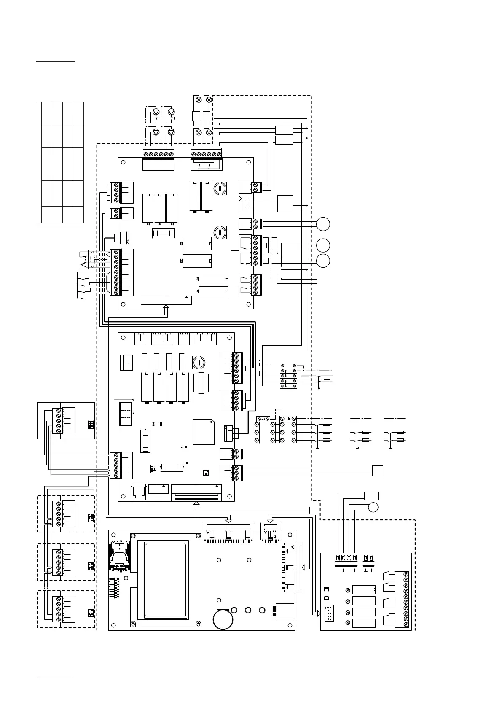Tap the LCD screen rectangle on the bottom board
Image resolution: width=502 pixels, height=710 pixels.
point(165,579)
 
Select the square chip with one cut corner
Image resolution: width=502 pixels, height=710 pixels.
point(204,432)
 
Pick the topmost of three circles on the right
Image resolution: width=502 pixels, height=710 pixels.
point(323,224)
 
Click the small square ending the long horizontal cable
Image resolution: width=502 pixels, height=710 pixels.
point(378,471)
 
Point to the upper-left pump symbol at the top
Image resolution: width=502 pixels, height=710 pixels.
point(156,112)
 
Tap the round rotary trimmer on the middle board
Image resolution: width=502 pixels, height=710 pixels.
point(198,362)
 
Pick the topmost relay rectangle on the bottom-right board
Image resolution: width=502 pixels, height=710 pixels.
point(364,589)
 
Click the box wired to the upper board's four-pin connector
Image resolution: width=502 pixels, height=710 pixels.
point(285,204)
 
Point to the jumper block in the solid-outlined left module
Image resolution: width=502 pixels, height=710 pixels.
point(90,424)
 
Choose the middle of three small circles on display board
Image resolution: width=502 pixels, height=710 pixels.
point(248,610)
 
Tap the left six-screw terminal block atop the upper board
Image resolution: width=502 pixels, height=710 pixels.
point(158,154)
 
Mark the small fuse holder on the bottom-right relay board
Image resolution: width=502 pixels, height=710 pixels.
point(326,594)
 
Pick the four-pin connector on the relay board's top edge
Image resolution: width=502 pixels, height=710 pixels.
point(346,559)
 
